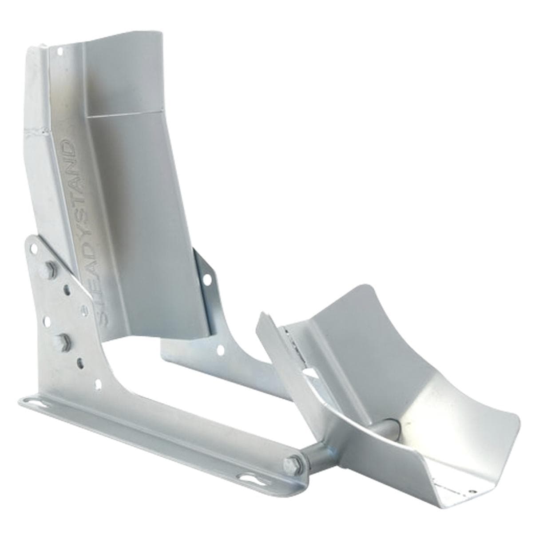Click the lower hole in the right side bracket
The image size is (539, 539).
click(221, 349)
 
